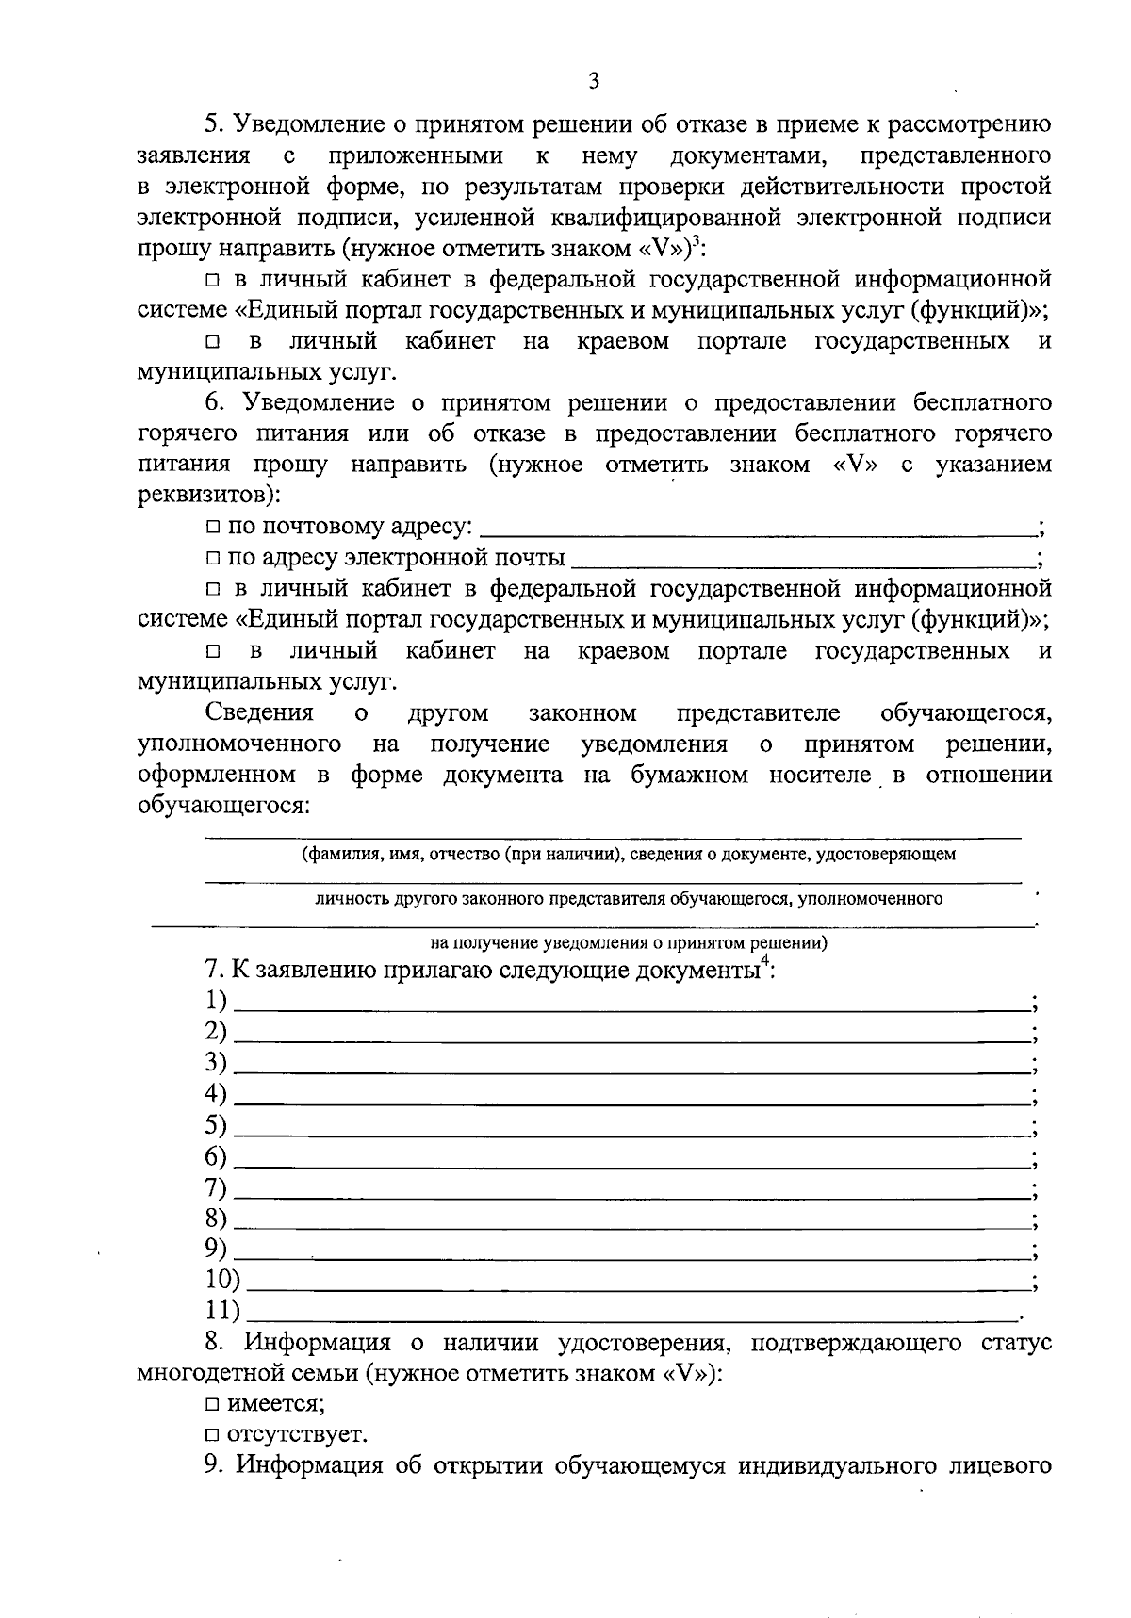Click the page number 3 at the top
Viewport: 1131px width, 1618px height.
tap(594, 81)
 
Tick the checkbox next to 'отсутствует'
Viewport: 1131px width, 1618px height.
tap(213, 1436)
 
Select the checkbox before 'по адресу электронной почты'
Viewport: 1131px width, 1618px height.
tap(213, 559)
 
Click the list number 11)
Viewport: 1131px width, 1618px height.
tap(222, 1310)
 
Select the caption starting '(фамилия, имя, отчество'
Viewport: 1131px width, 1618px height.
tap(629, 855)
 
